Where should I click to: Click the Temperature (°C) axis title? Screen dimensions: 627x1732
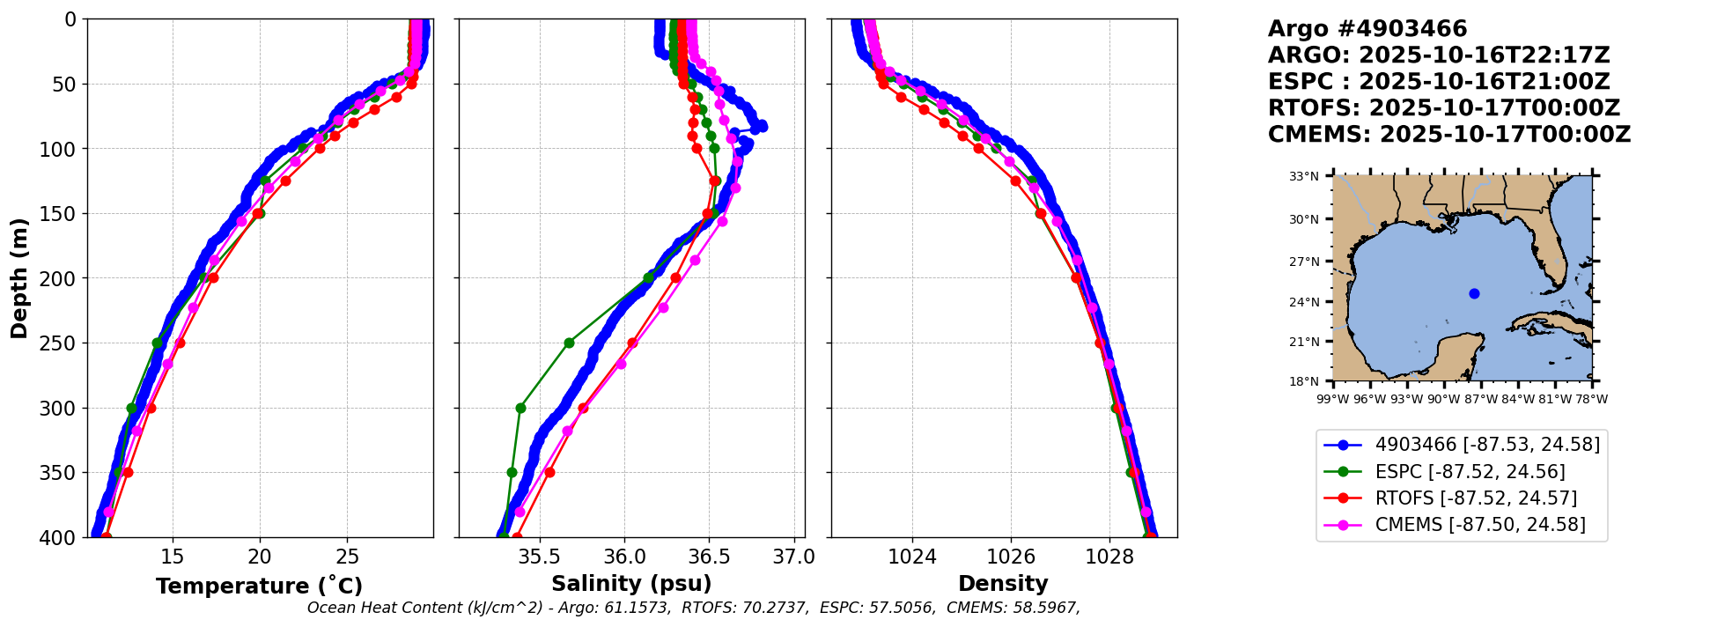[x=259, y=586]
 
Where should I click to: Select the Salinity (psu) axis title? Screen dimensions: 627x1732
[x=631, y=584]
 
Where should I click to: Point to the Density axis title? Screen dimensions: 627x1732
[x=1003, y=584]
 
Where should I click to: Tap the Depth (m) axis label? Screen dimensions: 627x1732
[x=19, y=278]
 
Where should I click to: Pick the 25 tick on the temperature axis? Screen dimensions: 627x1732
[x=347, y=557]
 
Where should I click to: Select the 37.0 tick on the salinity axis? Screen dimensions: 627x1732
[x=794, y=557]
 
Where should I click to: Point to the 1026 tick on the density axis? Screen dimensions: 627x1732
[x=1010, y=557]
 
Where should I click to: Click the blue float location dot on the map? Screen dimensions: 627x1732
[x=1474, y=293]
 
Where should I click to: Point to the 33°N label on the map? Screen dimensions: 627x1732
[x=1303, y=176]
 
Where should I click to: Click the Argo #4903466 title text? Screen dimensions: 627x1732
[x=1367, y=29]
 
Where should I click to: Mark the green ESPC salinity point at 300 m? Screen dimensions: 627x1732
[x=520, y=408]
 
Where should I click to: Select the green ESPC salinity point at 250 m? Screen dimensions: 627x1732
[x=569, y=343]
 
